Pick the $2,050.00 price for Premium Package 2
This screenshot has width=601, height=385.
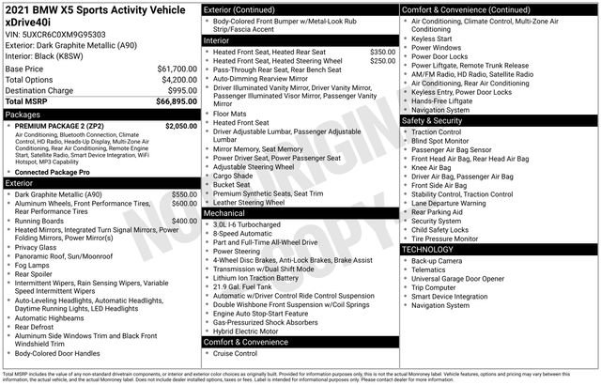coord(180,125)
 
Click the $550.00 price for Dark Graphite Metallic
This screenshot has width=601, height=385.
coord(184,193)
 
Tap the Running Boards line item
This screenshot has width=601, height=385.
coord(46,221)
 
